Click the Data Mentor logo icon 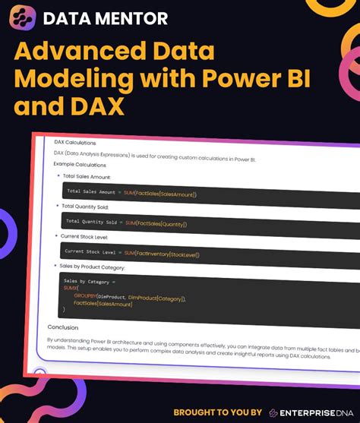[x=25, y=17]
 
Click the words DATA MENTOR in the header [x=106, y=18]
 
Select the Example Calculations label [x=81, y=165]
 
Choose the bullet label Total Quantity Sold [x=87, y=206]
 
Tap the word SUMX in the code [x=71, y=289]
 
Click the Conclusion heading [x=63, y=328]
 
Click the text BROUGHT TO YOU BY [x=217, y=412]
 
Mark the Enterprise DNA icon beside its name [x=273, y=412]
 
